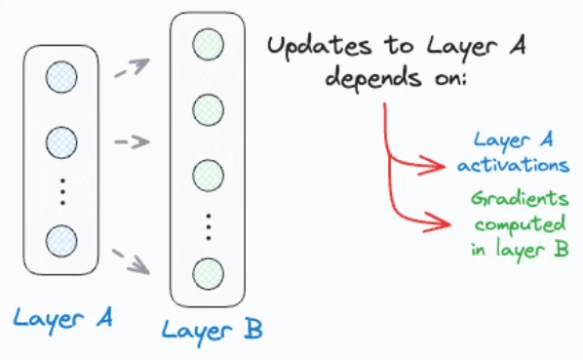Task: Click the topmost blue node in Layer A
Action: click(61, 77)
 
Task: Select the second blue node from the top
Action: click(61, 142)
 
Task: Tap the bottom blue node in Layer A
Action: click(61, 241)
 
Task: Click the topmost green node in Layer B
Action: click(209, 44)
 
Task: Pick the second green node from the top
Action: click(209, 110)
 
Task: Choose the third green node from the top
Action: click(209, 176)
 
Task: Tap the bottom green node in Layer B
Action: click(209, 274)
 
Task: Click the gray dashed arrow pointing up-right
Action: click(133, 67)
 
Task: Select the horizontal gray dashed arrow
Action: click(132, 141)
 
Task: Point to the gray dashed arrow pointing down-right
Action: click(132, 261)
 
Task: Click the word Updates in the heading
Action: click(320, 48)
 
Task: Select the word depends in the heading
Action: click(373, 79)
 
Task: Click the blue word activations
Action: click(514, 165)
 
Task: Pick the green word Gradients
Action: click(520, 199)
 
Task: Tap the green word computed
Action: click(521, 224)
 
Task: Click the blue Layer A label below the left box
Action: click(62, 320)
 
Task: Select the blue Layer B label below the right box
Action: click(213, 332)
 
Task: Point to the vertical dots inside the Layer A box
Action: click(62, 192)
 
